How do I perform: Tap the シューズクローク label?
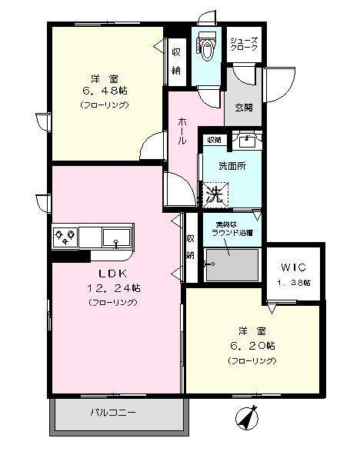pos(245,45)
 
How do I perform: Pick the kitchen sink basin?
pos(116,236)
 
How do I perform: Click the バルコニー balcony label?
pos(113,412)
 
